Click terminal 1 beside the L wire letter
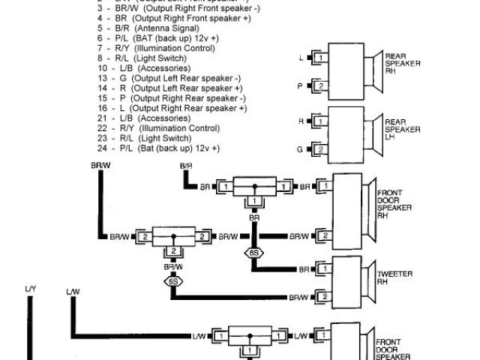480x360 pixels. (x=320, y=57)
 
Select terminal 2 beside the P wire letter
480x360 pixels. (x=320, y=86)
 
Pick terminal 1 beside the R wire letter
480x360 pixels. (x=320, y=120)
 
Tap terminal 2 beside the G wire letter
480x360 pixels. (x=320, y=149)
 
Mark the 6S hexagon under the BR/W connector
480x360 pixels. (x=173, y=282)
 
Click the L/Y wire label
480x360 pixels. (x=30, y=289)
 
